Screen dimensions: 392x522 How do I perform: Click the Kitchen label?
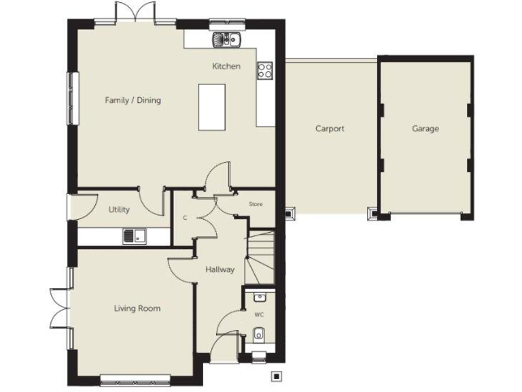click(226, 67)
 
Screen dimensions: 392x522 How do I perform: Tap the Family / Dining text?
click(133, 101)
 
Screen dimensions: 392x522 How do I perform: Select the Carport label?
click(330, 128)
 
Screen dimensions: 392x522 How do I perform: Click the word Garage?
click(425, 128)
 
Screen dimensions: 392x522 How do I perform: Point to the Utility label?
click(119, 210)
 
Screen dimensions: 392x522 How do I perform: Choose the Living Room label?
click(137, 308)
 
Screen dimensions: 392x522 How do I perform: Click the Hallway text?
click(220, 269)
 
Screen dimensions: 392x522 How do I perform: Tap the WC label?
click(259, 315)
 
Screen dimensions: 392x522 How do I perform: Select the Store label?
click(255, 204)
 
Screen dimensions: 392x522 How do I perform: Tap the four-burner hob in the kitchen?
click(264, 69)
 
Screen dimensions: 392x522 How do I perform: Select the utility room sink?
click(135, 237)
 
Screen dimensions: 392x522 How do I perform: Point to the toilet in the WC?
click(259, 334)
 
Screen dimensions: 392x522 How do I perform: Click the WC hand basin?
click(259, 297)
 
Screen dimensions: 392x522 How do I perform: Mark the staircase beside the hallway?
click(260, 257)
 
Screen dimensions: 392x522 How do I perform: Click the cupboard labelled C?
click(185, 218)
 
